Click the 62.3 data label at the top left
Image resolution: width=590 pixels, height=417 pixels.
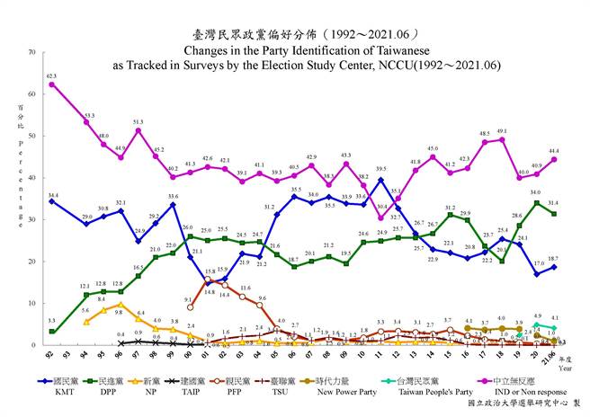coord(52,76)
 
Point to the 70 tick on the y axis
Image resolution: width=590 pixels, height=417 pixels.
coord(31,52)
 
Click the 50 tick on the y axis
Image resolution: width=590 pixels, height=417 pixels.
coord(31,136)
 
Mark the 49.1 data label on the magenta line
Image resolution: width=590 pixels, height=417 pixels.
coord(502,130)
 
